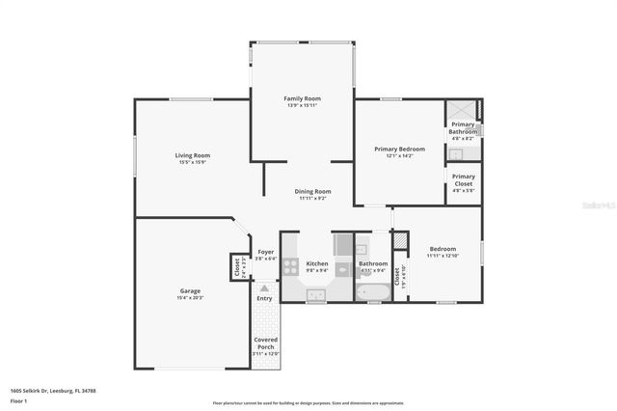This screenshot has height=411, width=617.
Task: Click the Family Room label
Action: point(302,98)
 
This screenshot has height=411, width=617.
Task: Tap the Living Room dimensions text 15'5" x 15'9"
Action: point(193,162)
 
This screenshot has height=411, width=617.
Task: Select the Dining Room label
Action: point(312,191)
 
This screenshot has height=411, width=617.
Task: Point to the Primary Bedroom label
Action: point(399,149)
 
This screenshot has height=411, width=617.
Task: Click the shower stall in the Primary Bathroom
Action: point(463,110)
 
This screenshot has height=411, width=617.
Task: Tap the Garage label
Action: point(190,290)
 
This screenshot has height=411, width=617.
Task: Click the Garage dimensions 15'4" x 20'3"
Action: point(190,298)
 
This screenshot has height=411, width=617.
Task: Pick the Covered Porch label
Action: point(265,343)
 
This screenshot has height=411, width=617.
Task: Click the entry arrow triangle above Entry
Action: point(264,288)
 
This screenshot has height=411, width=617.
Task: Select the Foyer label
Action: point(265,252)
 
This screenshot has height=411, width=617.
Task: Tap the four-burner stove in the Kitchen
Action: point(292,266)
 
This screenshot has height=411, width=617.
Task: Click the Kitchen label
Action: point(317,263)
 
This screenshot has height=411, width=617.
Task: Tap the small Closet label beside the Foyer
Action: point(237,266)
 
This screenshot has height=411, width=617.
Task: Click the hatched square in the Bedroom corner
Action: point(401,238)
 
